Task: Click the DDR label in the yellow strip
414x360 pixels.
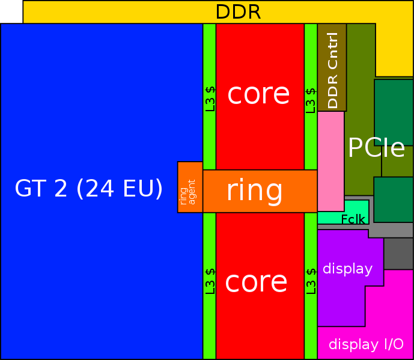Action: tap(238, 12)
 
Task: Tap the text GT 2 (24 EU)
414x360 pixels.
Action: tap(89, 189)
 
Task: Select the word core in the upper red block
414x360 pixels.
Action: tap(259, 94)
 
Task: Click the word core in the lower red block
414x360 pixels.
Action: tap(257, 282)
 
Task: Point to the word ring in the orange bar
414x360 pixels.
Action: tap(254, 191)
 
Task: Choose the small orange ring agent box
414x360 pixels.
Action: tap(190, 187)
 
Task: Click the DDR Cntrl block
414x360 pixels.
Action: tap(332, 67)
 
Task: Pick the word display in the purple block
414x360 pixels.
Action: tap(348, 269)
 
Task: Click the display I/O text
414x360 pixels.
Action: tap(366, 344)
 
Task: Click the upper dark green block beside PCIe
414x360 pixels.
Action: tap(394, 112)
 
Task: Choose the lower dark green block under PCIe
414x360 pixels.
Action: tap(394, 200)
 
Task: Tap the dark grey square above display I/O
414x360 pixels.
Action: tap(398, 254)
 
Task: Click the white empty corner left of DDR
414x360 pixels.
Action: tap(11, 11)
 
